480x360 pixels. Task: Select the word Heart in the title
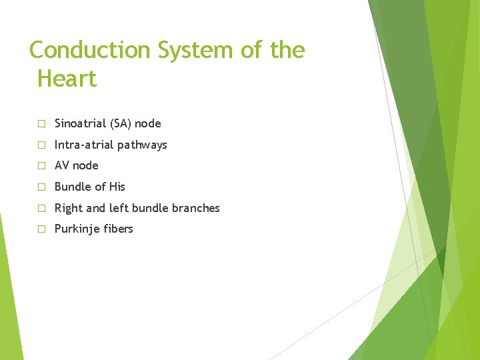67,79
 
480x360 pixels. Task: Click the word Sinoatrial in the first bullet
79,123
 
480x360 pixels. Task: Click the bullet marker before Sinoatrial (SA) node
41,124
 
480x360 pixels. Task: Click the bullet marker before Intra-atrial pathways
41,145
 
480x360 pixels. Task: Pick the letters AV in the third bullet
62,165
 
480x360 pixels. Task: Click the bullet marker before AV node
41,166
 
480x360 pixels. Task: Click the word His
117,187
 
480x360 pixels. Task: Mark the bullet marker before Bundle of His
41,187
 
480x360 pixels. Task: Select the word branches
195,208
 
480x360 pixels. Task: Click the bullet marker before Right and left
41,209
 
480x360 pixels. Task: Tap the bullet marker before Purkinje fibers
41,229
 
